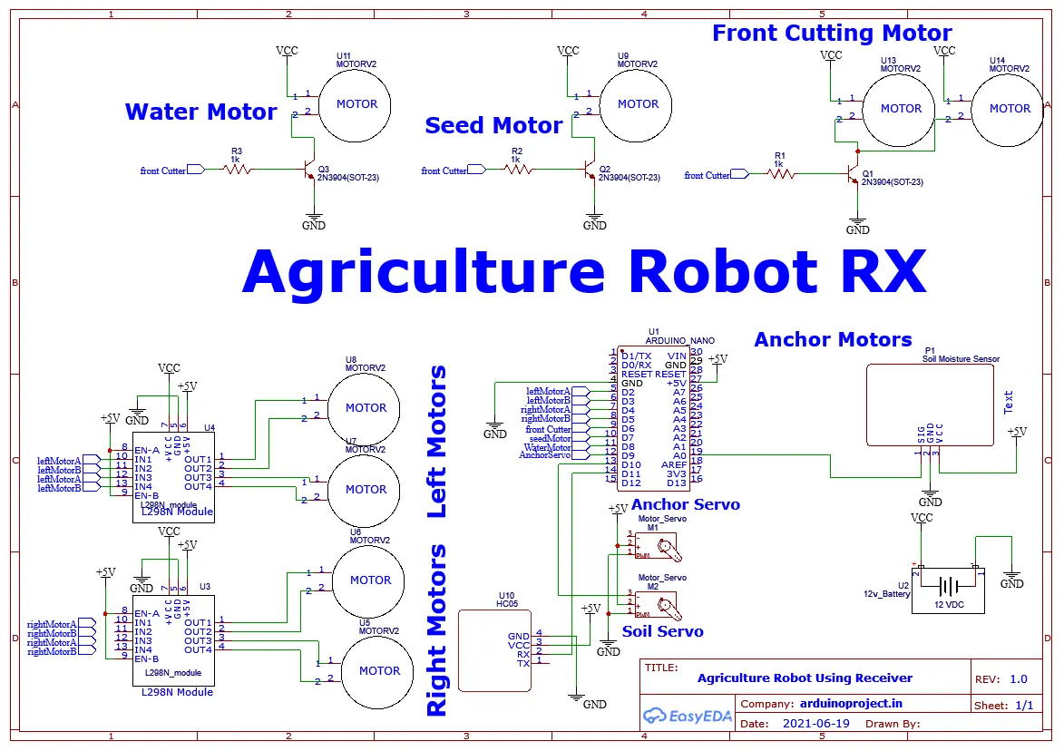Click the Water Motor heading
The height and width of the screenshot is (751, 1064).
tap(200, 112)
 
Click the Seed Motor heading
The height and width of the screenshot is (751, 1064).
tap(493, 126)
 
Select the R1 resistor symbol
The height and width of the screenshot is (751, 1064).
tap(778, 174)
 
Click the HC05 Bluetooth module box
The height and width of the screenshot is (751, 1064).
tap(494, 650)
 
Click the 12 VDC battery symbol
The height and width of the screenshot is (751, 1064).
tap(947, 587)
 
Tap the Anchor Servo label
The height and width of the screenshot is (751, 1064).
tap(685, 504)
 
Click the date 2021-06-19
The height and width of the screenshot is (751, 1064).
tap(815, 724)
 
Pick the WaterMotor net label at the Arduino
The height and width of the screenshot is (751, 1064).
tap(548, 447)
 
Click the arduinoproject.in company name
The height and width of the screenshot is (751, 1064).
tap(851, 703)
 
